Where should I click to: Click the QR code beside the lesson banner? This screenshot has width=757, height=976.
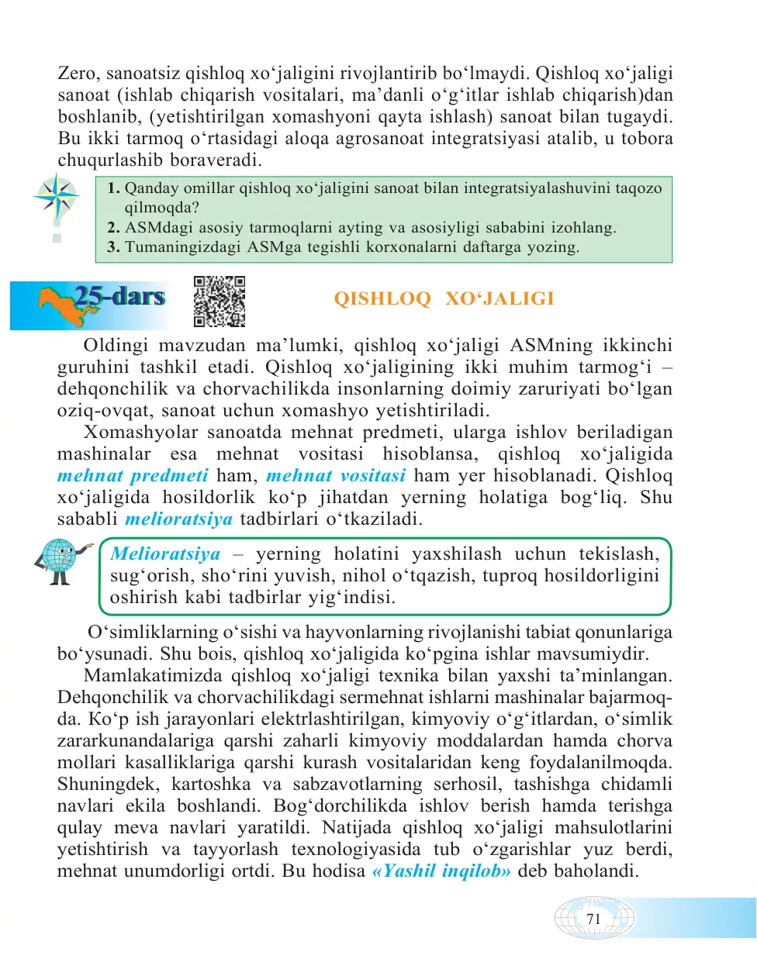219,302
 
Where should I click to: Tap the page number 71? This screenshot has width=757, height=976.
593,919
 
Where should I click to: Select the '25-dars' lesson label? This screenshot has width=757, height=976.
119,297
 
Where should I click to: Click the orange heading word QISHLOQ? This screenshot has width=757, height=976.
382,299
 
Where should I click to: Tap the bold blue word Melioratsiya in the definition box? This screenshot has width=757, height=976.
165,554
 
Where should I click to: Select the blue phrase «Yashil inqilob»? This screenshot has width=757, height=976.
441,871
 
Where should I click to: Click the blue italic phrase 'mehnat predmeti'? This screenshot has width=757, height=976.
133,476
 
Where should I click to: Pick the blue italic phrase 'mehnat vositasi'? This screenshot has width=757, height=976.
336,476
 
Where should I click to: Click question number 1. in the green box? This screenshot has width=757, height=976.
113,188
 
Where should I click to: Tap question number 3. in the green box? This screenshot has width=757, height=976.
113,247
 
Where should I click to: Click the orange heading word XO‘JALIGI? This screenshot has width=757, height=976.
500,299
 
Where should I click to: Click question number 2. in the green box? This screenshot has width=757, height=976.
113,228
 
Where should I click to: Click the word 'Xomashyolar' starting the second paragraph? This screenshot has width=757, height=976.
140,433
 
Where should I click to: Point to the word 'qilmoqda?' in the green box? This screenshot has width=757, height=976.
162,208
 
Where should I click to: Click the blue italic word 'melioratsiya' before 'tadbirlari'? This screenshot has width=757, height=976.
178,519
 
